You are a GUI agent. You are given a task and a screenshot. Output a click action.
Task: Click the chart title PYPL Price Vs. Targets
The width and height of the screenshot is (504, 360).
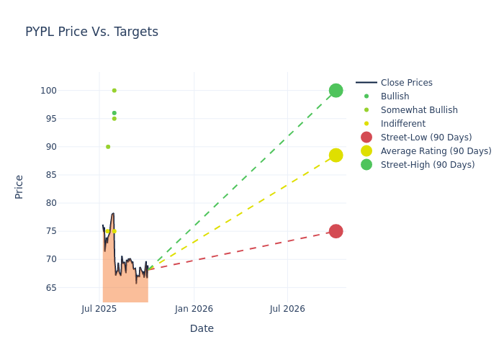pyautogui.click(x=91, y=32)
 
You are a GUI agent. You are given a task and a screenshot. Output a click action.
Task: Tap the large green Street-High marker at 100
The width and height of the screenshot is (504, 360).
pyautogui.click(x=336, y=91)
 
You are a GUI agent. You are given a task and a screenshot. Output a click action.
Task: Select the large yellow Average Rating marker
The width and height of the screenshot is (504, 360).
pyautogui.click(x=336, y=155)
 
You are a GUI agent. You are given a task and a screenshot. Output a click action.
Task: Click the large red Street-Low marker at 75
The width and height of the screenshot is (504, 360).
pyautogui.click(x=336, y=231)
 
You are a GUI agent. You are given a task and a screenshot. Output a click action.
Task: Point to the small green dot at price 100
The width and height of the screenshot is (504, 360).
pyautogui.click(x=114, y=91)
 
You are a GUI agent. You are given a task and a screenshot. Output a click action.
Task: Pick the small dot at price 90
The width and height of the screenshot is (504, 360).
pyautogui.click(x=108, y=147)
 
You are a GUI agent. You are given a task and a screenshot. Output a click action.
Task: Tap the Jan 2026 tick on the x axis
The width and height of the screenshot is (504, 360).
pyautogui.click(x=194, y=309)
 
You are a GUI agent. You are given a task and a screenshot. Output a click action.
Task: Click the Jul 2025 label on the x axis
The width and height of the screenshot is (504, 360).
pyautogui.click(x=99, y=309)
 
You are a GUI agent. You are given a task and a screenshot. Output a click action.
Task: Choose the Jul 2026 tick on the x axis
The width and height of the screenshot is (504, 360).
pyautogui.click(x=287, y=309)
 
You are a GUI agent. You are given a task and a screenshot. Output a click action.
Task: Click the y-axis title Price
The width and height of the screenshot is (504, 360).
pyautogui.click(x=19, y=186)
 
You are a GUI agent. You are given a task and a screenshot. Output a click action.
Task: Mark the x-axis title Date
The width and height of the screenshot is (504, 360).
pyautogui.click(x=202, y=328)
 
